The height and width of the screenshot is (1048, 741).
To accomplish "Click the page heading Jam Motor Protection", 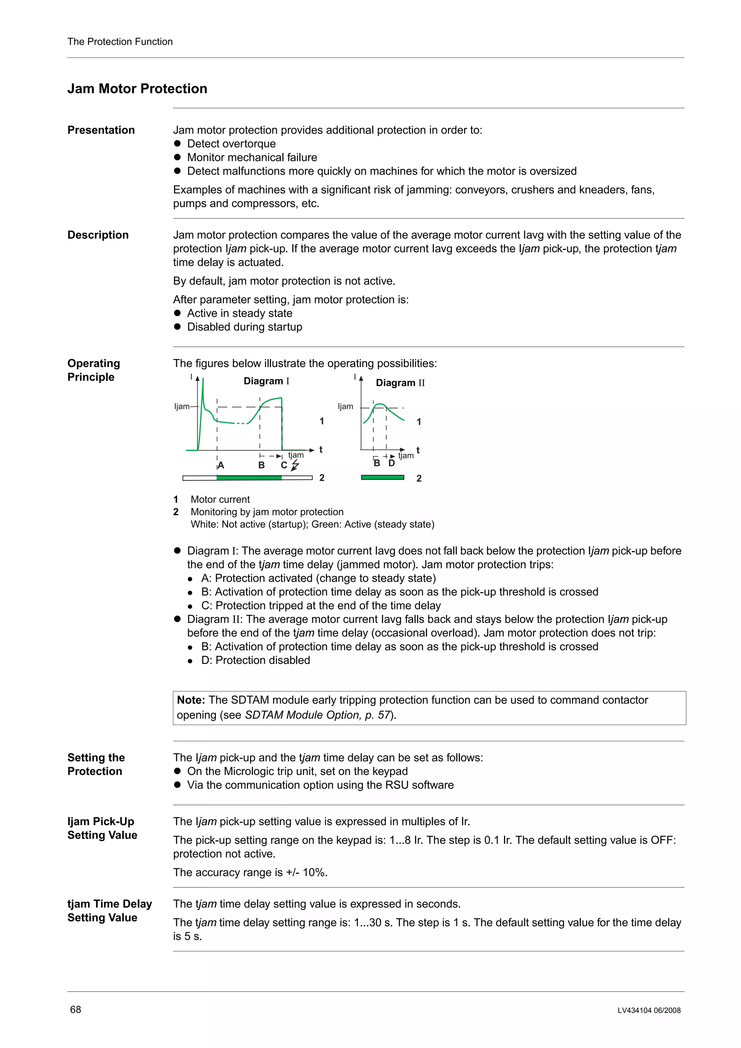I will [x=137, y=89].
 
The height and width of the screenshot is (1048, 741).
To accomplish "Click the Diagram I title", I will [x=266, y=381].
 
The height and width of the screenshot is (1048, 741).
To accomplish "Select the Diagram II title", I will [x=400, y=383].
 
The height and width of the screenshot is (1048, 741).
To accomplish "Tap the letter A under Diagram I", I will [x=221, y=465].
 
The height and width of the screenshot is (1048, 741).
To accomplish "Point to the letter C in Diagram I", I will [x=284, y=465].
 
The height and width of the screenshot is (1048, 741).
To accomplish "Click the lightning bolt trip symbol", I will [x=295, y=465].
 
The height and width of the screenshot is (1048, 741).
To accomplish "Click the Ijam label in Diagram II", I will [x=346, y=406].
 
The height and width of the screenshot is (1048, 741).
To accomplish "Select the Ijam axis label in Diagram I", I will [x=182, y=406].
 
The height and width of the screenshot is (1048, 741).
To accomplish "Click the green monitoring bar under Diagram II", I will [x=382, y=477].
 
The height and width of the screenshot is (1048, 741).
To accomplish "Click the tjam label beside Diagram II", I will [x=406, y=456].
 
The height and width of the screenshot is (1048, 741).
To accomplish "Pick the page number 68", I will [x=75, y=1010].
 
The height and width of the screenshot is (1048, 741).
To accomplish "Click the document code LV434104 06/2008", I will [x=649, y=1010].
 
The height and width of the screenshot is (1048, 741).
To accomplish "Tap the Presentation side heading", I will [x=101, y=130].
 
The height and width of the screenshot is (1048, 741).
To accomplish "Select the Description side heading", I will [x=98, y=235].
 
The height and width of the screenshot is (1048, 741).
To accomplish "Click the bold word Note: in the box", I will [x=191, y=700].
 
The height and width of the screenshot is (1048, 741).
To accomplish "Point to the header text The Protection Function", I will [x=120, y=42].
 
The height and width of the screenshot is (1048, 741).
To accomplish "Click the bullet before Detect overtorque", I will [x=178, y=144].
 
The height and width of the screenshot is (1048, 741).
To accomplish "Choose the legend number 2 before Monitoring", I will [x=176, y=512].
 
